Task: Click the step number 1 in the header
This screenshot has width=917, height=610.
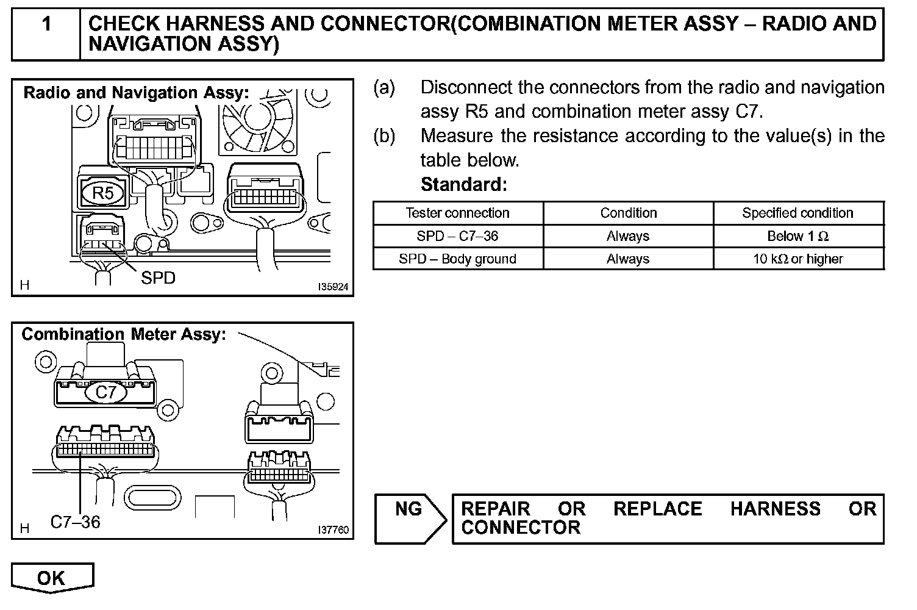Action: (46, 24)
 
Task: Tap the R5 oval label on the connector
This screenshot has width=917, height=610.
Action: (102, 193)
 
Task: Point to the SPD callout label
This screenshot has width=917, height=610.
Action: (158, 278)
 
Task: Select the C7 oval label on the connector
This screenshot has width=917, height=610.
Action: (105, 392)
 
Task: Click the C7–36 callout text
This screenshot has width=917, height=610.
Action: (75, 522)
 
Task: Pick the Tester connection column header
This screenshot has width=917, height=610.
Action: (457, 213)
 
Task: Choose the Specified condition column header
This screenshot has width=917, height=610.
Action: (797, 213)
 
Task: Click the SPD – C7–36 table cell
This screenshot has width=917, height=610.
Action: (457, 236)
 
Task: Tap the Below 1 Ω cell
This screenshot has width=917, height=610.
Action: (797, 236)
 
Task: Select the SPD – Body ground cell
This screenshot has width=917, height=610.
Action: (457, 259)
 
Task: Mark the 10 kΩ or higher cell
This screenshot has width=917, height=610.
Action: (797, 259)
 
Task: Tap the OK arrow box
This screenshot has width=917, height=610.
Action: (52, 578)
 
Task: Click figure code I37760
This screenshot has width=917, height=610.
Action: (333, 530)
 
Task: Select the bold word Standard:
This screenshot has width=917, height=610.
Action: (463, 184)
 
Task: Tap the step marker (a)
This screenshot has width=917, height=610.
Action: (384, 88)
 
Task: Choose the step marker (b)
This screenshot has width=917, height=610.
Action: (384, 135)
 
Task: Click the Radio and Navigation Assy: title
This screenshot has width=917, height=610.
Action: (136, 93)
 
